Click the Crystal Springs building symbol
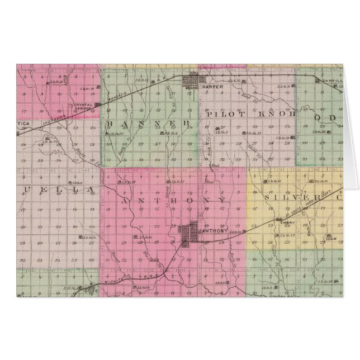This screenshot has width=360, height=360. [97, 105]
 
